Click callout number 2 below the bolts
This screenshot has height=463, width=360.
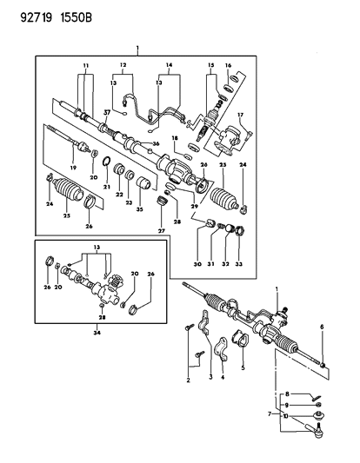coord(189,380)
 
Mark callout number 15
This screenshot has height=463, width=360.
coord(210,66)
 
